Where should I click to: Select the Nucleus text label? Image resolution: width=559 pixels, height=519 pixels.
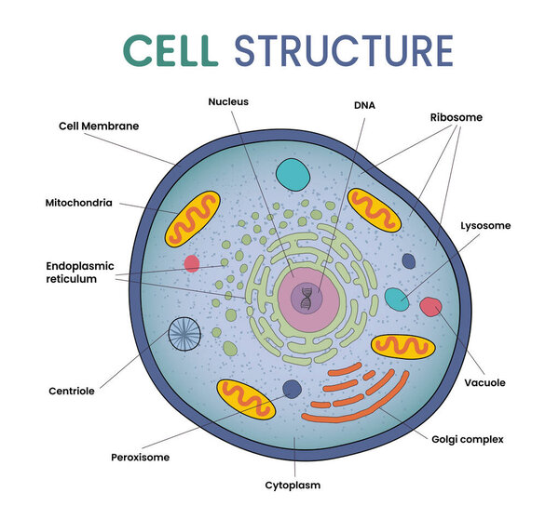(228, 101)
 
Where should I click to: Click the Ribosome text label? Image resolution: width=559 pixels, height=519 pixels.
(457, 118)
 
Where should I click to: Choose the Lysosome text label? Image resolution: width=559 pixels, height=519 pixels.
(485, 225)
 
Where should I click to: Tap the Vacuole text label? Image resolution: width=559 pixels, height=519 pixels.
(484, 382)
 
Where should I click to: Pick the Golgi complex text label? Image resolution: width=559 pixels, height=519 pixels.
(468, 438)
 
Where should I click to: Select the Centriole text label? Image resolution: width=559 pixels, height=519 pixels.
(73, 391)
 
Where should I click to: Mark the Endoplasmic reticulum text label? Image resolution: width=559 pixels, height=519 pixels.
(84, 272)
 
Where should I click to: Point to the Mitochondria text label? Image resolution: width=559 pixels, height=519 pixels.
(78, 202)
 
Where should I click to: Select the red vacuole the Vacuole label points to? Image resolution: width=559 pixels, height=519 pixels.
(430, 306)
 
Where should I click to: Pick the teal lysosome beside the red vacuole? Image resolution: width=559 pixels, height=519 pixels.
(397, 299)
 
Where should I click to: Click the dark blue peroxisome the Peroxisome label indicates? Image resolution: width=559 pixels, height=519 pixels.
(292, 389)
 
